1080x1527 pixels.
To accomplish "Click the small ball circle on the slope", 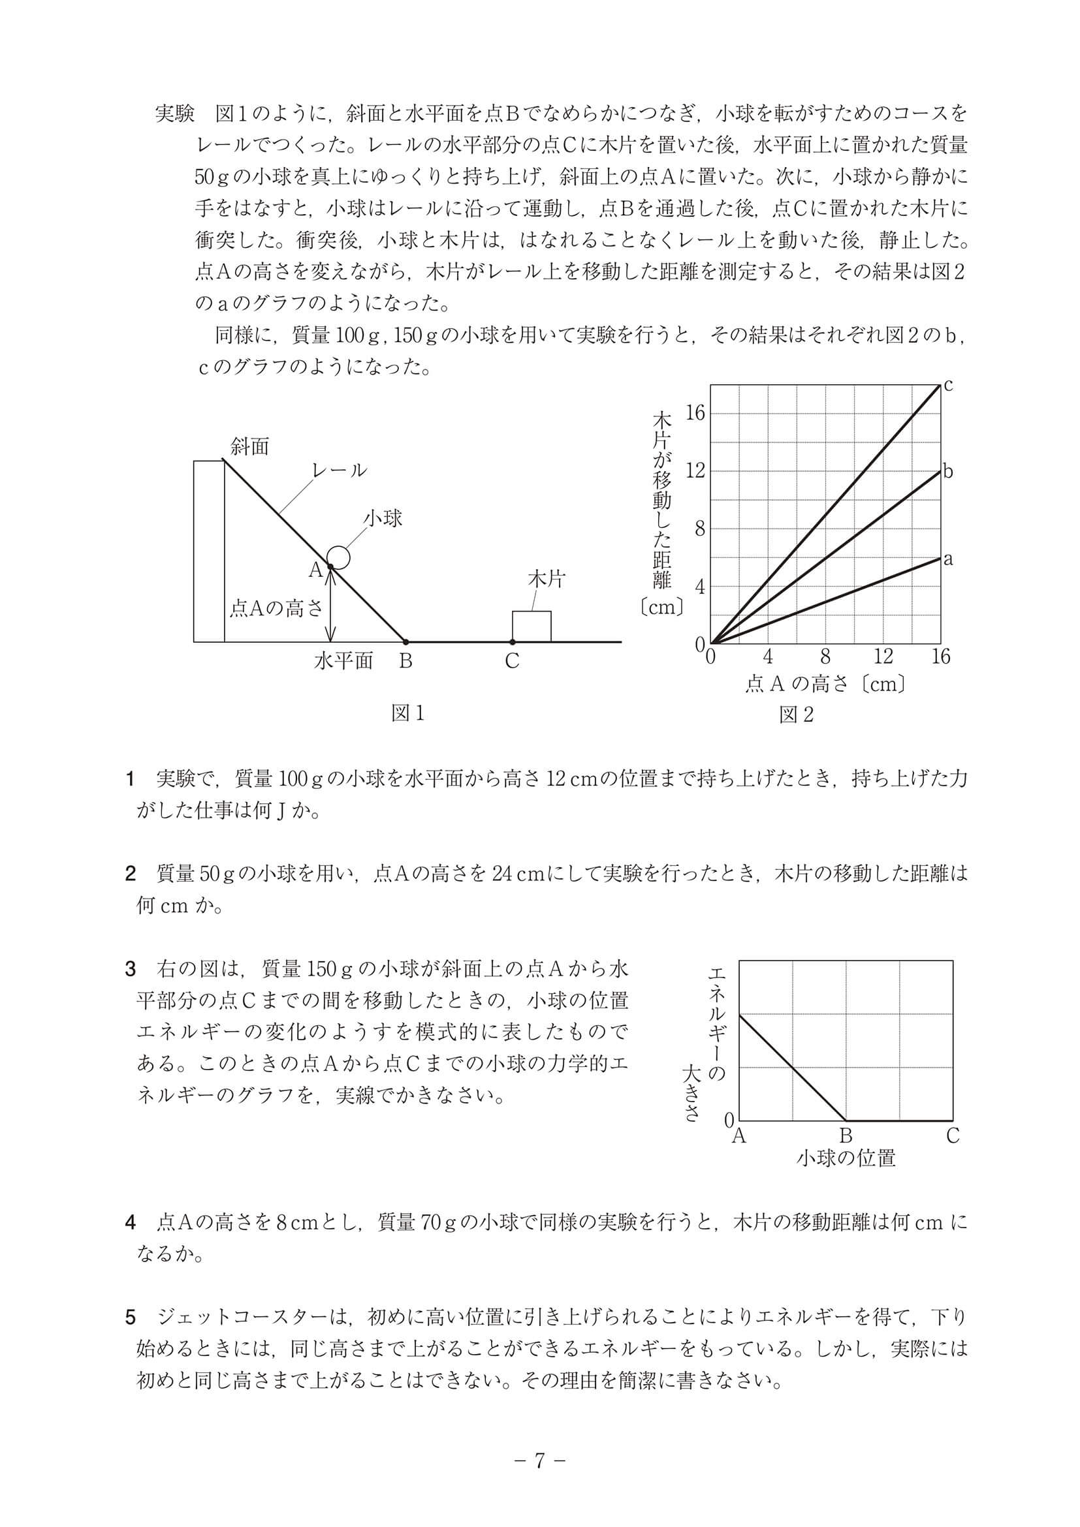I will click(339, 557).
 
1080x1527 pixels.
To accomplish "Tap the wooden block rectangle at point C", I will click(531, 626).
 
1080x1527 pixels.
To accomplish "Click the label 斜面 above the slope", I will click(249, 446).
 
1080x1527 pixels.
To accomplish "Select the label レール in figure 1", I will click(340, 470).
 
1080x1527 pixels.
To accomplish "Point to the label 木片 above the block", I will click(546, 579).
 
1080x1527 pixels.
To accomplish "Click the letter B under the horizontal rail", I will click(405, 662).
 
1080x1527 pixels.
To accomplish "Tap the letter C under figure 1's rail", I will click(512, 662).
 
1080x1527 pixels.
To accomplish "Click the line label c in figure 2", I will click(948, 384).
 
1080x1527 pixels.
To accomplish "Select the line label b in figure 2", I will click(948, 472).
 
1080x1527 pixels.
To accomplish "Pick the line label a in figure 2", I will click(948, 559).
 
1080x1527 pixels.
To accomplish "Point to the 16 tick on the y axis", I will click(695, 413).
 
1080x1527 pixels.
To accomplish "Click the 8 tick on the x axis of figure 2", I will click(825, 656).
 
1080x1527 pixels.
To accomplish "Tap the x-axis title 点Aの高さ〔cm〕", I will click(825, 684).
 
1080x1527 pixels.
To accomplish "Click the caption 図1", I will click(407, 713).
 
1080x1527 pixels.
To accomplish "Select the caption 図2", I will click(797, 715).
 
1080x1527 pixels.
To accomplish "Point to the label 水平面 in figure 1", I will click(343, 661).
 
